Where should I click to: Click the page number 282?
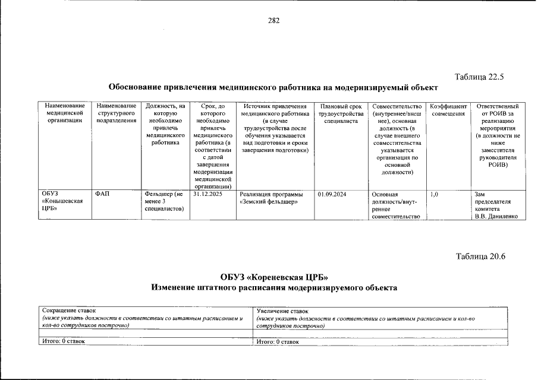coord(273,20)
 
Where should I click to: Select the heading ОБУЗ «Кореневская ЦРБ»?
coord(273,277)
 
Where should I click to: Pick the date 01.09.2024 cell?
coord(333,194)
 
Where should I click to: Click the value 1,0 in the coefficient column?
coord(434,194)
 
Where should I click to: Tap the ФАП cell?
coord(102,194)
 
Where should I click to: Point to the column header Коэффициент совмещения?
coord(449,109)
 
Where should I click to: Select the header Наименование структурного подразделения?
coord(117,113)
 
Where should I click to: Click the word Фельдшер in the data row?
coord(157,194)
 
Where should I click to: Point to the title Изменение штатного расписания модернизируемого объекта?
coord(273,288)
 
